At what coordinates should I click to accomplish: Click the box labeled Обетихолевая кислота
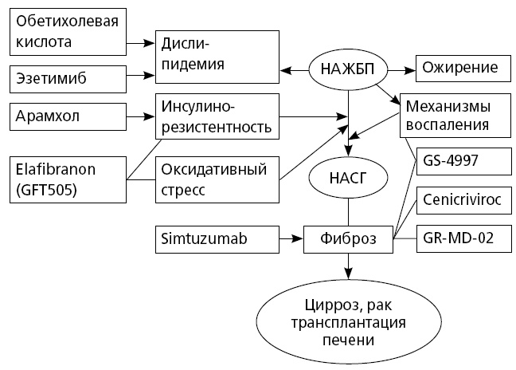tap(66, 30)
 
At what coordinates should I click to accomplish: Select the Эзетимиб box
tap(66, 78)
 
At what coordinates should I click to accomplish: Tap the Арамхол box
tap(66, 116)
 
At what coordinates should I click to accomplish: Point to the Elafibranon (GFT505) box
tap(66, 179)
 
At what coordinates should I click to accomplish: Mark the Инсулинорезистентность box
tap(216, 116)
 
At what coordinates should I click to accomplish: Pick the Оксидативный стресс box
tap(216, 179)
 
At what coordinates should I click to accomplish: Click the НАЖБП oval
tap(345, 69)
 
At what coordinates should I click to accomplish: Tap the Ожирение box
tap(463, 69)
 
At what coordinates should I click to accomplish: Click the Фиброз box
tap(348, 237)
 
